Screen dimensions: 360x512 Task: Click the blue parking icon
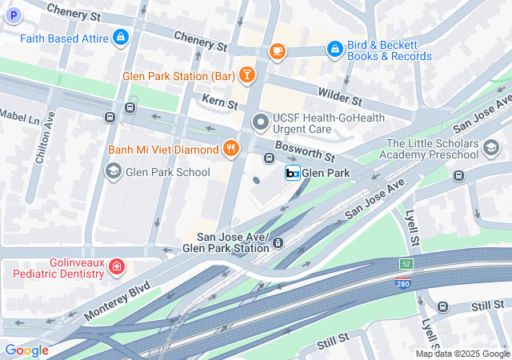[12, 14]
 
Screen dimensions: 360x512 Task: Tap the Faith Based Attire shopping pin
[120, 37]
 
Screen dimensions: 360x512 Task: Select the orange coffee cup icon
[277, 51]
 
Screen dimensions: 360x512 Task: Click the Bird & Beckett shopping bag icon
[334, 50]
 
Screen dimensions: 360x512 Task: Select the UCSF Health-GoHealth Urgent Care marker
[260, 123]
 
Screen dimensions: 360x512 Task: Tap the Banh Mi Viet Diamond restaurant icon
[230, 149]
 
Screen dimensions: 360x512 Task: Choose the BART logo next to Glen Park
[292, 173]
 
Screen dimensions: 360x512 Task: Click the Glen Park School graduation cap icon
[114, 170]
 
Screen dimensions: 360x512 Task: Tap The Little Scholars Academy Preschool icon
[490, 147]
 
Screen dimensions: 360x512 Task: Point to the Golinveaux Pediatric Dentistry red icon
[118, 267]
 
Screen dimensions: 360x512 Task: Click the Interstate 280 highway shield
[405, 281]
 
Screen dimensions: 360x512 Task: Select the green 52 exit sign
[406, 263]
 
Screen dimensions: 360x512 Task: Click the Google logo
[26, 350]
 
